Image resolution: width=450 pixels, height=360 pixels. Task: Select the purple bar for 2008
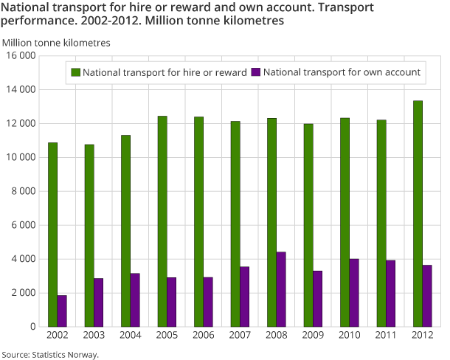[x=281, y=289]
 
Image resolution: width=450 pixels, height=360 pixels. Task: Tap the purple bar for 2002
[x=62, y=311]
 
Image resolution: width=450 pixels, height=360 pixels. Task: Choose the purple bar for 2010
[x=354, y=292]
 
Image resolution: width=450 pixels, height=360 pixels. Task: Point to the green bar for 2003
[x=89, y=235]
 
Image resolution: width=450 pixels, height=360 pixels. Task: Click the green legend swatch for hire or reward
[x=75, y=72]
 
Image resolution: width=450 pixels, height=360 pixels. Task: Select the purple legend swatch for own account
[x=256, y=72]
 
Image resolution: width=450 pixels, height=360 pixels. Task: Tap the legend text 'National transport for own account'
[x=342, y=72]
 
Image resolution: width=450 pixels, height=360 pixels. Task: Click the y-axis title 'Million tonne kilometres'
[x=57, y=43]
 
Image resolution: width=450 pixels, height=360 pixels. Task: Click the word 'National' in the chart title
[x=27, y=7]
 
